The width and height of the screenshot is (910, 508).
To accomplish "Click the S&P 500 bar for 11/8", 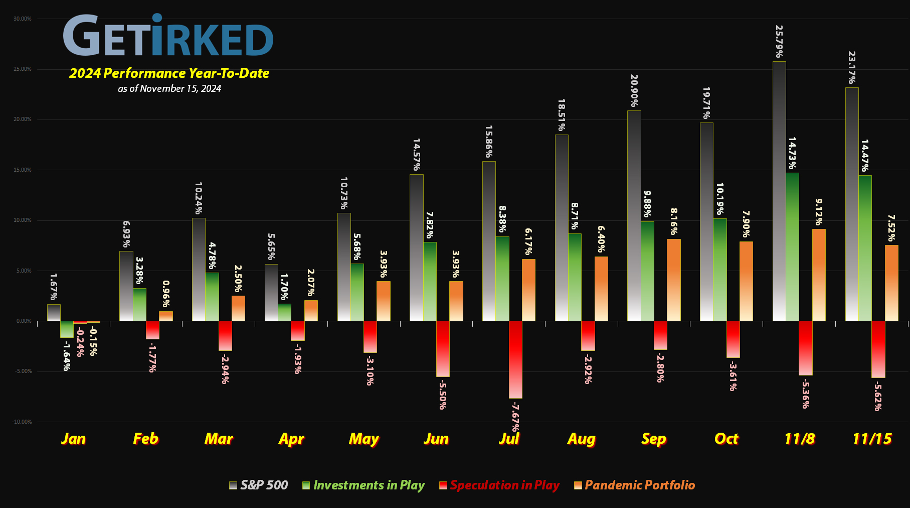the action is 779,191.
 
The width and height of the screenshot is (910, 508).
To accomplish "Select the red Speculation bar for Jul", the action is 515,359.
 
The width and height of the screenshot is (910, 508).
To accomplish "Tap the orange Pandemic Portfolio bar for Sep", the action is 674,280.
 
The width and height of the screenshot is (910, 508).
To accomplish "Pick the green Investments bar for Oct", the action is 720,270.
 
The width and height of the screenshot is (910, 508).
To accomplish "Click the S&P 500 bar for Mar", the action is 199,270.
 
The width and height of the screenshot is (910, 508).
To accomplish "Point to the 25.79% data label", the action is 779,41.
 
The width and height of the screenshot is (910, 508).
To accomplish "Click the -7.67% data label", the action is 515,417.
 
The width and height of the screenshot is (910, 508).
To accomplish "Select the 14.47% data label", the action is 864,156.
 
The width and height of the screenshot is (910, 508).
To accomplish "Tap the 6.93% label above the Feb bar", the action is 126,234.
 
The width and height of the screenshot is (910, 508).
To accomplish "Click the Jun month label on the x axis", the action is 436,439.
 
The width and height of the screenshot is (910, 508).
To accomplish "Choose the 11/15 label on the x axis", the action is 872,439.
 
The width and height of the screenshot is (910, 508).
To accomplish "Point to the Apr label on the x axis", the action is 291,439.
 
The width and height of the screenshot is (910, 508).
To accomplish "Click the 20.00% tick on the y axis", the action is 22,119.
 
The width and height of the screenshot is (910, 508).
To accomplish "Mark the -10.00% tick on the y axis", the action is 22,422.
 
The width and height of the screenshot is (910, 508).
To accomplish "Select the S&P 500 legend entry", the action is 259,485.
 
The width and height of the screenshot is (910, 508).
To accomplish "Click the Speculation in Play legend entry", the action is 499,485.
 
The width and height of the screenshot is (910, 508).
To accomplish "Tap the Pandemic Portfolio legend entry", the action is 635,485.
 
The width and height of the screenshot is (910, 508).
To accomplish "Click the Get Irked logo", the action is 168,35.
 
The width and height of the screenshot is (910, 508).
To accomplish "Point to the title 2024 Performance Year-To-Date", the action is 169,73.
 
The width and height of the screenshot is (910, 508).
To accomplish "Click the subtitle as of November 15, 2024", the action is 169,89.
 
